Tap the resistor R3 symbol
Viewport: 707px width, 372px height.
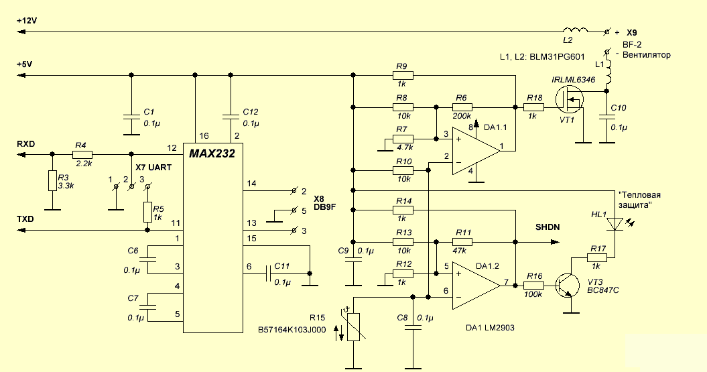pos(52,180)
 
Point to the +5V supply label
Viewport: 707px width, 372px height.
pos(24,64)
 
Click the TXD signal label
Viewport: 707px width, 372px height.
pos(26,219)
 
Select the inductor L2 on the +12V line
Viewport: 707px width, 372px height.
pos(574,30)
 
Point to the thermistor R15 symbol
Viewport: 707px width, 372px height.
pos(353,328)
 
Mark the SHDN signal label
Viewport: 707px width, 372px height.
pos(548,227)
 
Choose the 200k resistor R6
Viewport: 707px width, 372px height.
pos(460,107)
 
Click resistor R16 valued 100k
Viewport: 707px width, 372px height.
pos(534,285)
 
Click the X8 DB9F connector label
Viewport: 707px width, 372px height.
pos(324,202)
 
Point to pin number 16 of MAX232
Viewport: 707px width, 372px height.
pos(195,135)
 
